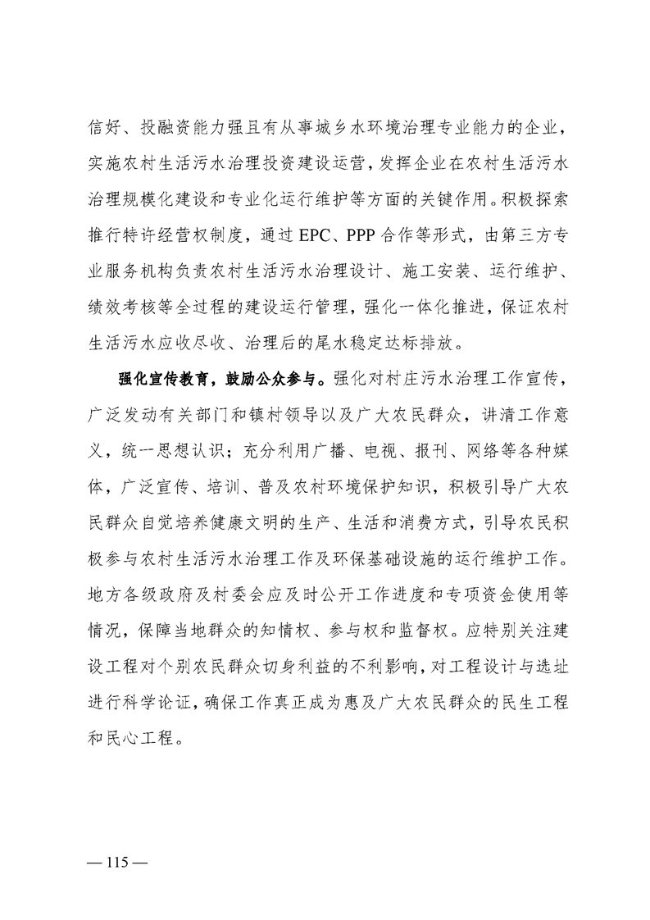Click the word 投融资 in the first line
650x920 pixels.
point(171,128)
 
